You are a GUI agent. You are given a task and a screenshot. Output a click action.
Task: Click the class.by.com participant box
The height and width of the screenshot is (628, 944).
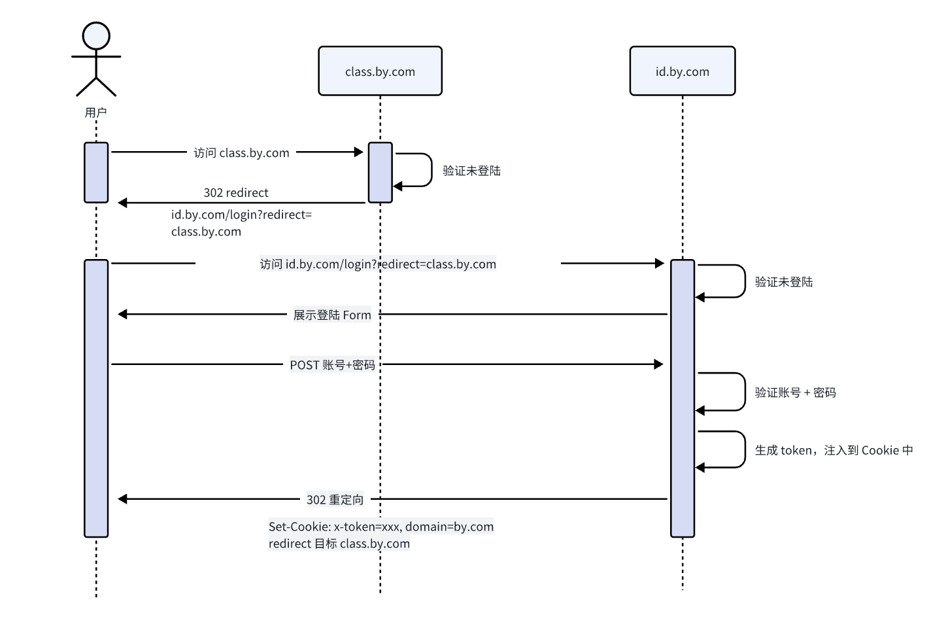(x=380, y=71)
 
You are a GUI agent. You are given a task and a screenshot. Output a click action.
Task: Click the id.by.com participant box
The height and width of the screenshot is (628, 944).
(x=682, y=71)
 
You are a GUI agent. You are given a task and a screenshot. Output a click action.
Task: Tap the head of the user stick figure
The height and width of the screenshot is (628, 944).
(x=96, y=35)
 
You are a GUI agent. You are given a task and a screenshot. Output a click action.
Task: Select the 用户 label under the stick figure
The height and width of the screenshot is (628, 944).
(x=96, y=113)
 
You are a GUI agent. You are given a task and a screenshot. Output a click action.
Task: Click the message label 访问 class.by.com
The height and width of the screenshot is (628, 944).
(x=241, y=153)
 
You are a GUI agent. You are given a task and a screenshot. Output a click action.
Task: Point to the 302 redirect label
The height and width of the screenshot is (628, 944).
(x=236, y=193)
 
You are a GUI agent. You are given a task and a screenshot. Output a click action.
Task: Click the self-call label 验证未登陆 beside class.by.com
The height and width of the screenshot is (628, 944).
(x=471, y=171)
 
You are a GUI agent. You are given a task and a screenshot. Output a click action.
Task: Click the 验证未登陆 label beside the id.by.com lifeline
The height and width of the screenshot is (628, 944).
(x=784, y=282)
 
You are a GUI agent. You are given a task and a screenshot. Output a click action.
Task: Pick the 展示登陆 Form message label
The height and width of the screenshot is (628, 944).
(x=332, y=315)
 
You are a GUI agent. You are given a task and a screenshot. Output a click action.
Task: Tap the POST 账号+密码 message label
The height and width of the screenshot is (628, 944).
(x=332, y=365)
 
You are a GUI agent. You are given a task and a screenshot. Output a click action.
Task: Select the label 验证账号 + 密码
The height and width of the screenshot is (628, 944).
(x=795, y=392)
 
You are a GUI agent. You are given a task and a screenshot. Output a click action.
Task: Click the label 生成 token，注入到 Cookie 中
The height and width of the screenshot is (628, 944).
(x=834, y=450)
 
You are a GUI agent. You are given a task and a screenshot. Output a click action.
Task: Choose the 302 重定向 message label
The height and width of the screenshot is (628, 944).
(x=335, y=500)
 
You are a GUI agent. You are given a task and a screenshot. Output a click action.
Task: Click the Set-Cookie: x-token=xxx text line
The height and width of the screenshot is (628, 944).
(x=381, y=527)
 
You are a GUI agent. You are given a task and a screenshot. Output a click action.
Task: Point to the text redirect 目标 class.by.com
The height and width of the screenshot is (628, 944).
(x=339, y=544)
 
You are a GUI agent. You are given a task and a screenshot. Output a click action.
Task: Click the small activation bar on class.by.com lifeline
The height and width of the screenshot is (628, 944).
(x=380, y=173)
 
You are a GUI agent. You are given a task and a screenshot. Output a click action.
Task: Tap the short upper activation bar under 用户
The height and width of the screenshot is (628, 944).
(x=96, y=173)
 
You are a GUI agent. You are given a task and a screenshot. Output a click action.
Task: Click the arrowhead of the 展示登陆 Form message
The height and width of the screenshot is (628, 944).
(x=122, y=315)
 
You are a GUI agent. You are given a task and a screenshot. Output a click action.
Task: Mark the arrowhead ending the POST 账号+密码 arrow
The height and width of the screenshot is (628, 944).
(x=659, y=364)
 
